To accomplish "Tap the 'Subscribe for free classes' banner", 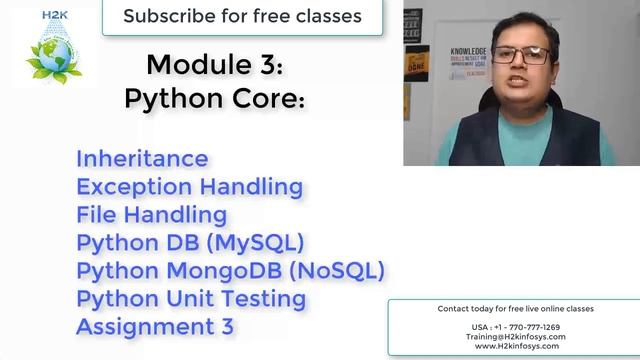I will (242, 17).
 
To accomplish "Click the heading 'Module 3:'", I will (215, 66).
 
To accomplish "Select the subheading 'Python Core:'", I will (215, 99).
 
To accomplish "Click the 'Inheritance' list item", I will (142, 158).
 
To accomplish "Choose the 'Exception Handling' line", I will (189, 186).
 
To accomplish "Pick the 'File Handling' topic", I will (151, 214).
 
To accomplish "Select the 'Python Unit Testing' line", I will (191, 298).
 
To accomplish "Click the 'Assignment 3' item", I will (155, 326).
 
